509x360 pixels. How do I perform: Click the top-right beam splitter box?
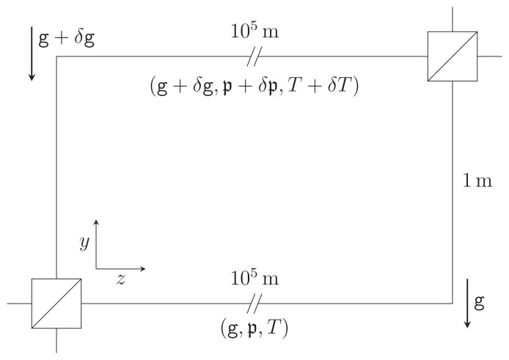pos(453,56)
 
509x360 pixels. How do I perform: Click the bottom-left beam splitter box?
pos(56,303)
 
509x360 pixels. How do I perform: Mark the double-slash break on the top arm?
pos(254,56)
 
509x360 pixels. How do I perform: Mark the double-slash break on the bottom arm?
pos(254,303)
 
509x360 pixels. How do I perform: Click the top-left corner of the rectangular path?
pos(56,56)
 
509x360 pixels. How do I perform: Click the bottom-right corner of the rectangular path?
pos(453,303)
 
